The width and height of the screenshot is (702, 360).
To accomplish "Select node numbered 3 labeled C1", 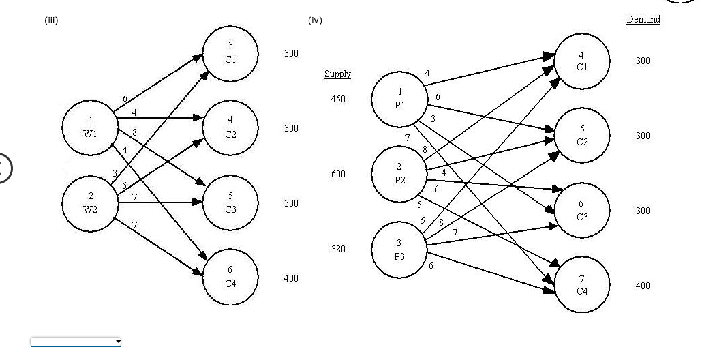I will pos(230,52).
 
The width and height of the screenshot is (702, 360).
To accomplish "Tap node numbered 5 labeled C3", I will pos(230,202).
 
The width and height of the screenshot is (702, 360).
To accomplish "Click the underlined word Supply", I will pos(337,74).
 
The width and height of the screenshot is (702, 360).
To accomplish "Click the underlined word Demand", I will pos(643,19).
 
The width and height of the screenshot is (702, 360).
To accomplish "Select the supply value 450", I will pos(337,99).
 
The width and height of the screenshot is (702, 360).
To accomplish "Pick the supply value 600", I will pos(337,174).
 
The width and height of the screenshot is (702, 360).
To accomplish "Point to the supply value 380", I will pos(337,249).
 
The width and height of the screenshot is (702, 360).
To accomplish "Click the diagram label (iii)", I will pos(51,20).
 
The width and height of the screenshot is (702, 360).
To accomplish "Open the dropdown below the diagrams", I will pos(76,340).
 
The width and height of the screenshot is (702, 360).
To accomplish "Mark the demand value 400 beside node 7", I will pos(642,286).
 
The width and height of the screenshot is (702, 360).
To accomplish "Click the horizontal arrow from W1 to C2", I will pos(160,117).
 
